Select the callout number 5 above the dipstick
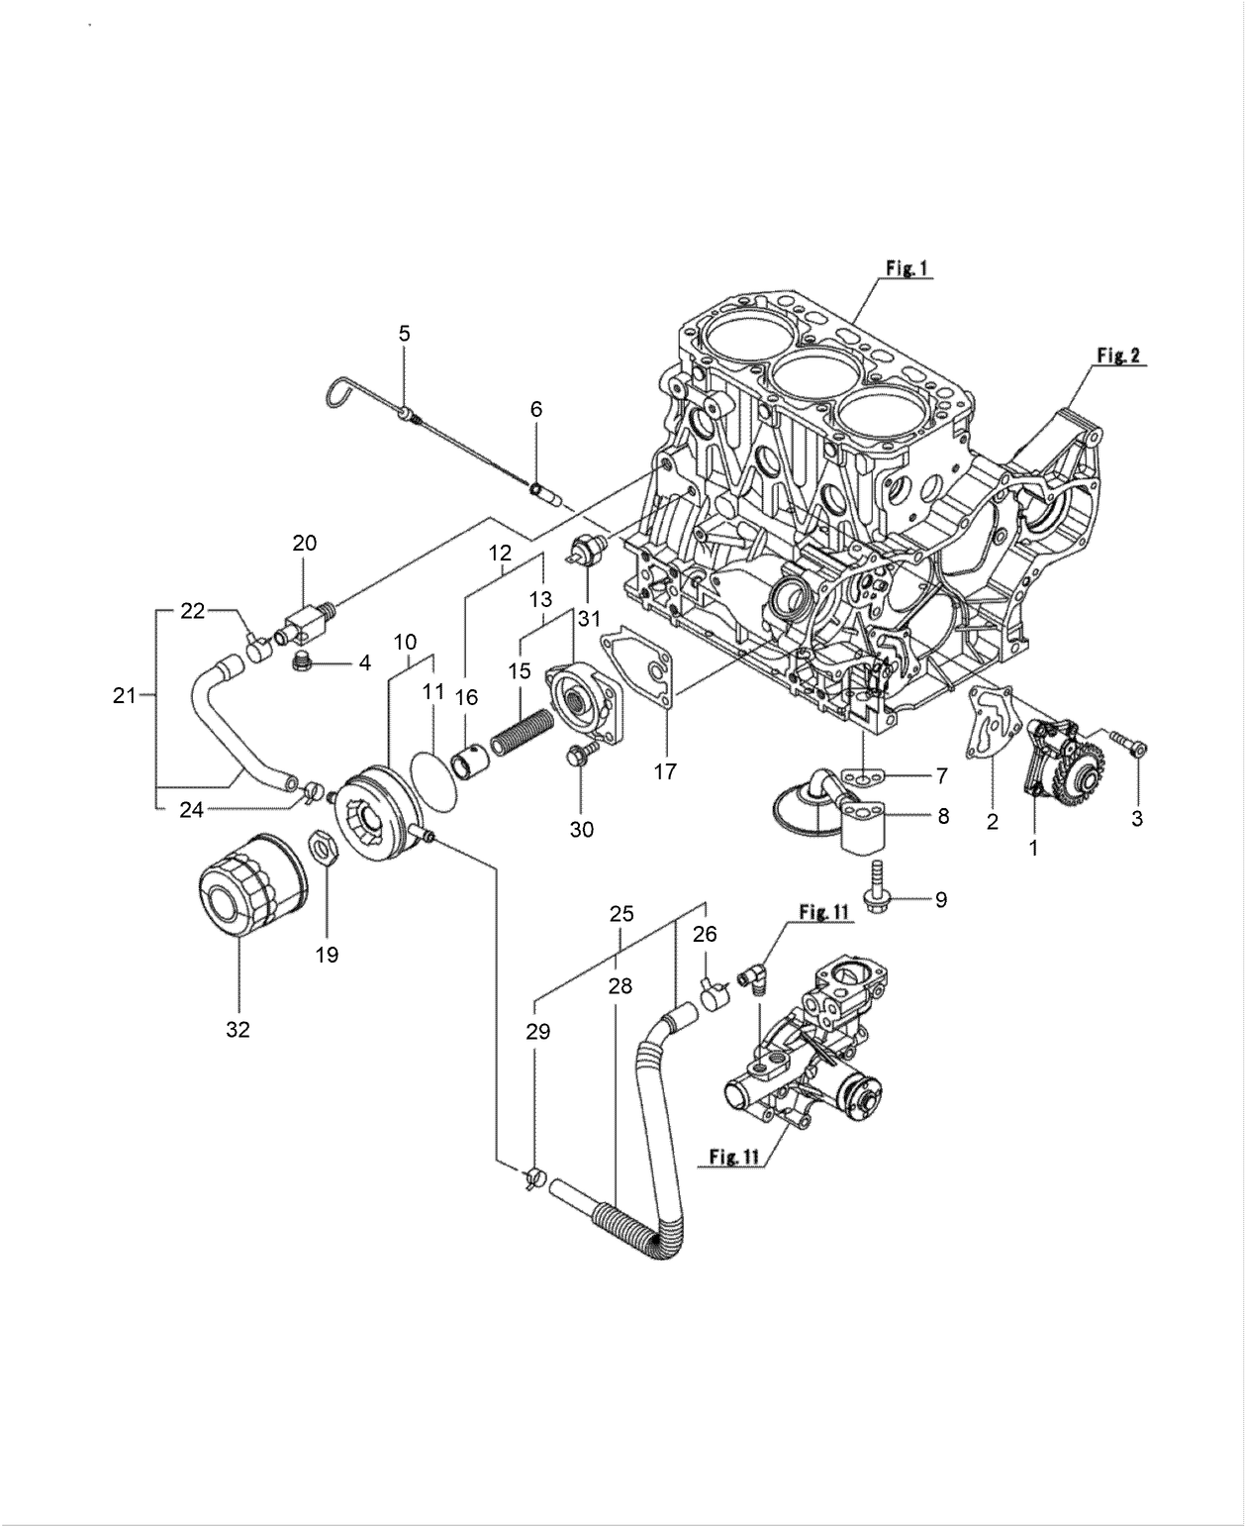404,333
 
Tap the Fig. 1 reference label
906,267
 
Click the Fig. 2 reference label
1118,355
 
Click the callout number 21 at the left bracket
123,696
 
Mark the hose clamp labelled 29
535,1177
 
